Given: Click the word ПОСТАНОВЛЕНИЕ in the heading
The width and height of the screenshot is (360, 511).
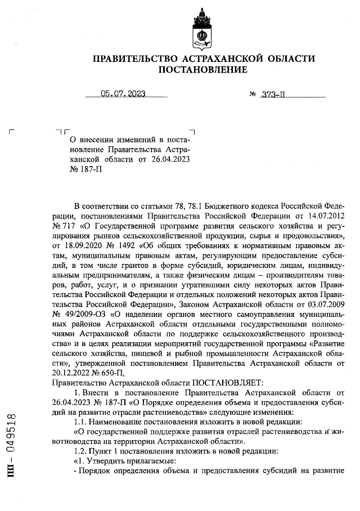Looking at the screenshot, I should tap(203, 70).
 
